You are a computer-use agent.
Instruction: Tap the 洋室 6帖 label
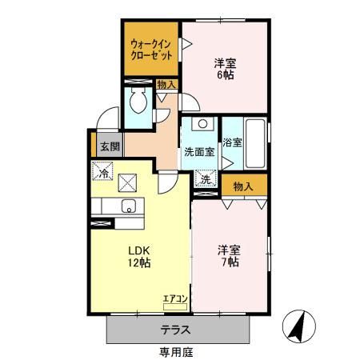click(x=225, y=68)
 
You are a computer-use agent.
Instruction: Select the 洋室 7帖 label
click(x=229, y=255)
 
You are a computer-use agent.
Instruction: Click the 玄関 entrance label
click(x=110, y=146)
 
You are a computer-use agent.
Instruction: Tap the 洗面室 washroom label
click(x=199, y=150)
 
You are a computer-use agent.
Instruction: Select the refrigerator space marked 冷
click(x=103, y=171)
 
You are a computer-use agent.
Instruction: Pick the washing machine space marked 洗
click(x=206, y=180)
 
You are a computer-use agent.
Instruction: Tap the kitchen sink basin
click(x=127, y=206)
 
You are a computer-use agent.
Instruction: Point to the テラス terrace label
click(x=175, y=330)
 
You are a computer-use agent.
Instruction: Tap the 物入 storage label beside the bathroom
click(x=243, y=186)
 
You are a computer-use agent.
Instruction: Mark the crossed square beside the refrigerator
click(x=128, y=181)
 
